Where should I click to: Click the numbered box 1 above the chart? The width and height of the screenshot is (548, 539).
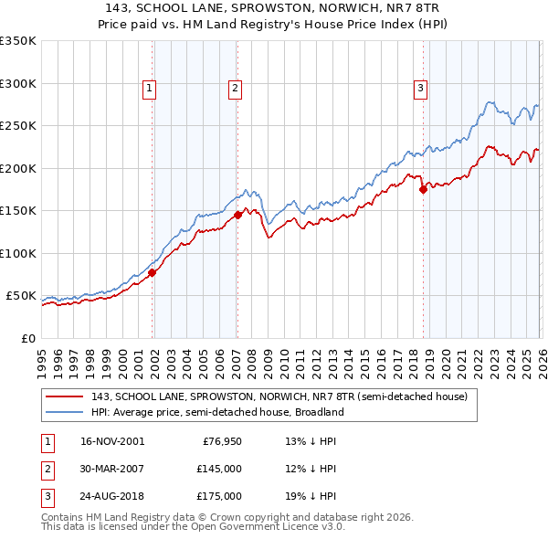tap(149, 89)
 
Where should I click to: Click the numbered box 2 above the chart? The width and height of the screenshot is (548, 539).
tap(235, 89)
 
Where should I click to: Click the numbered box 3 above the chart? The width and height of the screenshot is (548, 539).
tap(420, 89)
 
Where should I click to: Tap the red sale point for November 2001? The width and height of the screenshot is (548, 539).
tap(153, 272)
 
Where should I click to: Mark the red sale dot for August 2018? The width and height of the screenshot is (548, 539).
tap(423, 190)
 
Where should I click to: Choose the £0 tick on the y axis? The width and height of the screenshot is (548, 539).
tap(28, 338)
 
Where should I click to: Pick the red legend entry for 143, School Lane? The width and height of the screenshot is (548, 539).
tap(279, 396)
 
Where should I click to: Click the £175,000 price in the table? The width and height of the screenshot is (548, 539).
tap(219, 496)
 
